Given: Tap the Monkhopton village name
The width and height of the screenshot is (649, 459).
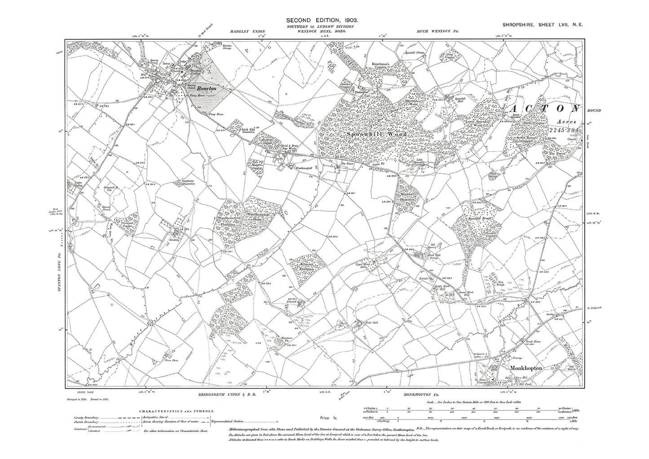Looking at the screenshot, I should click(527, 368).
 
